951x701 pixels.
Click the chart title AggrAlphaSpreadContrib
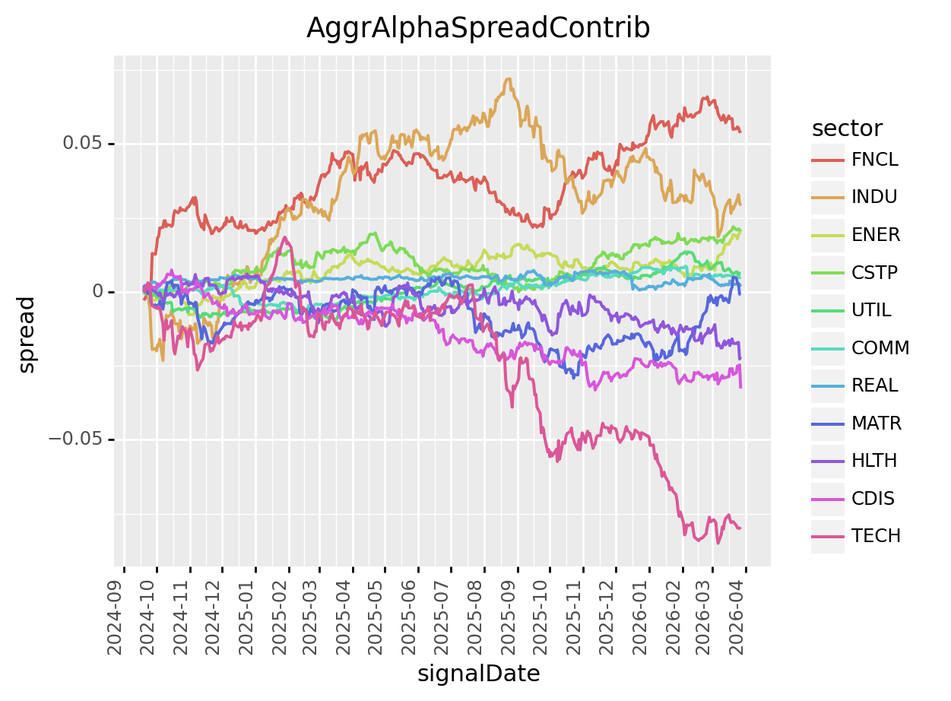(x=478, y=28)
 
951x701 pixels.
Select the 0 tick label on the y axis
(x=97, y=292)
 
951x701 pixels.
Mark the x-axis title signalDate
(x=478, y=674)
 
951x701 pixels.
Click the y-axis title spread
(x=27, y=335)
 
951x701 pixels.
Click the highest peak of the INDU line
(x=508, y=78)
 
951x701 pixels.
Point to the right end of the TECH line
(x=740, y=528)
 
